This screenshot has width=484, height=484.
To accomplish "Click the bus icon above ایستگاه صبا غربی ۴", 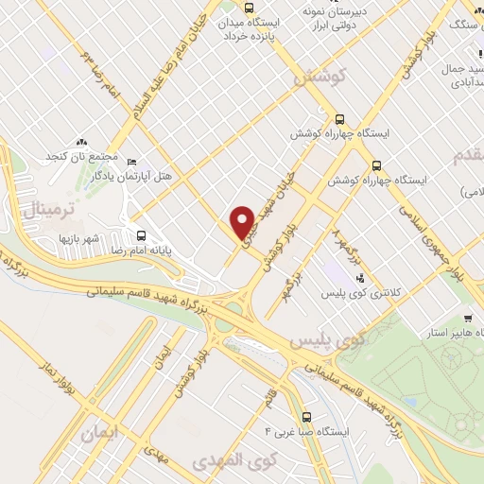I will point(306,417).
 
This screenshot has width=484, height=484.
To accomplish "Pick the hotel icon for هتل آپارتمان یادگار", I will point(131,161).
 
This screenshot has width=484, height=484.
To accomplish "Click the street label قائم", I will point(273,398).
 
